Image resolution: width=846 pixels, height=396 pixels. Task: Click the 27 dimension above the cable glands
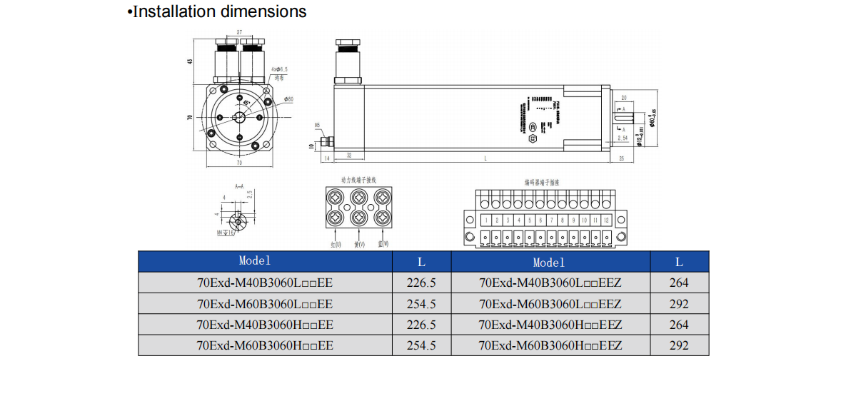pos(240,33)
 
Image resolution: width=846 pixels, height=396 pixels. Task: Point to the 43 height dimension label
pos(190,61)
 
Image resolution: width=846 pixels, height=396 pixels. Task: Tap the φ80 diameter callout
pos(288,99)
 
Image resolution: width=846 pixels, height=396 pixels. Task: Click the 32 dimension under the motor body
pos(349,155)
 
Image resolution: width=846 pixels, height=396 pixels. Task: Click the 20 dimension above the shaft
pos(623,98)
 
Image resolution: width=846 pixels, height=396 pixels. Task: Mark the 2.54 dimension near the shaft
pos(623,136)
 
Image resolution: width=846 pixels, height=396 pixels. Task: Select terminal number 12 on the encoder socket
pos(605,220)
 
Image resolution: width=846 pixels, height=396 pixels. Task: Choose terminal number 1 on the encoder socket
pos(486,220)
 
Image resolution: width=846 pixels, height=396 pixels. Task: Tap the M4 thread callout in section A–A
pos(220,233)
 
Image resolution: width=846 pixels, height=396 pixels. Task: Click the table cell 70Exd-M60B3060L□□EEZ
pos(550,304)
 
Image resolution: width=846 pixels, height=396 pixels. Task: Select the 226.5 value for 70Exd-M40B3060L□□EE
pos(421,283)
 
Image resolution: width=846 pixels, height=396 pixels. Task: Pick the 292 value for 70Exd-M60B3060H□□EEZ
pos(680,345)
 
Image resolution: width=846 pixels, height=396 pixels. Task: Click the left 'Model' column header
pos(255,261)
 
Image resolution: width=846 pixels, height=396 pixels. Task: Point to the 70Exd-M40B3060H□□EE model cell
pos(265,325)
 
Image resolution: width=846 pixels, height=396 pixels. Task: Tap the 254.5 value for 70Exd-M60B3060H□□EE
pos(421,345)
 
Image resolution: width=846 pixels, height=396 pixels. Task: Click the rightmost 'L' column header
pos(680,262)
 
